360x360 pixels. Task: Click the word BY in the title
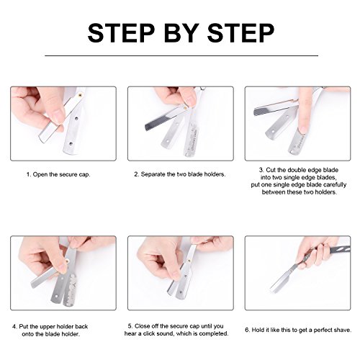click(x=181, y=32)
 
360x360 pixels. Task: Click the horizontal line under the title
click(x=181, y=55)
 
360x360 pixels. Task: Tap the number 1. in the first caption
click(x=29, y=174)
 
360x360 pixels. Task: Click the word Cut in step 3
click(x=271, y=170)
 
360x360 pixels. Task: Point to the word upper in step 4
click(x=48, y=327)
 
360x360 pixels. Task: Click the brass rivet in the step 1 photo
click(x=81, y=95)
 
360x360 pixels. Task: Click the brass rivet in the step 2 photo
click(x=185, y=107)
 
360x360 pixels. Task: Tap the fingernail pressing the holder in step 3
click(x=302, y=130)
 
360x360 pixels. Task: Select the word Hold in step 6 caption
click(x=258, y=330)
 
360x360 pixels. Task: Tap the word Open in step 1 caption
click(x=40, y=174)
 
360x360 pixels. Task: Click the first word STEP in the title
click(x=121, y=32)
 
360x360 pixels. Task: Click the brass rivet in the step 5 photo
click(x=189, y=260)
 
